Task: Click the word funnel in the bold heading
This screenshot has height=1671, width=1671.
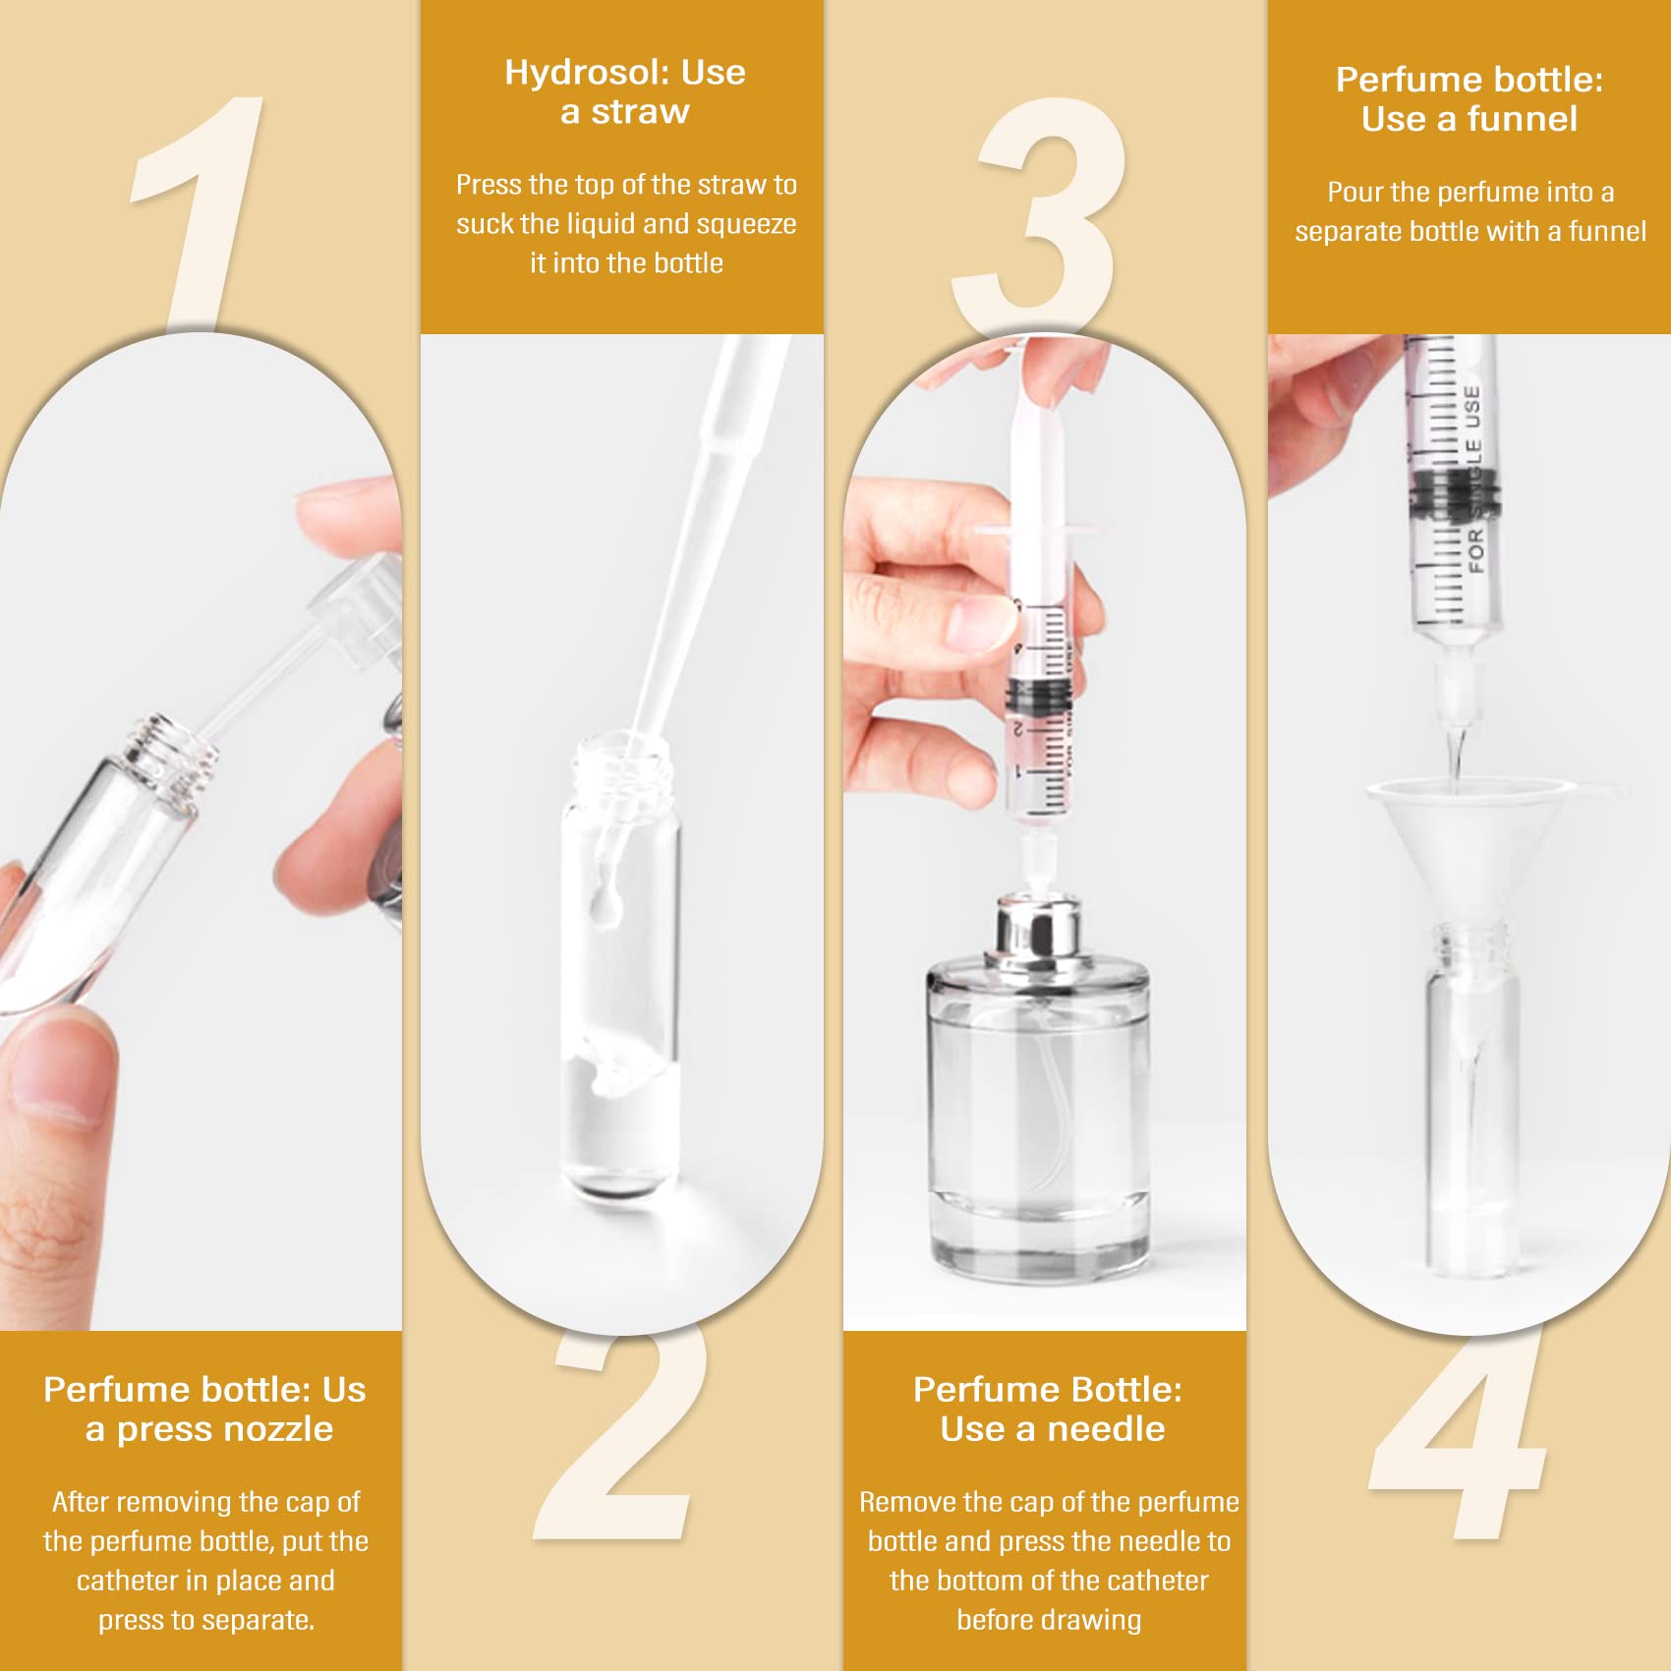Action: click(1522, 119)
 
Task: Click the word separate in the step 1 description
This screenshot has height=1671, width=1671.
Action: click(257, 1620)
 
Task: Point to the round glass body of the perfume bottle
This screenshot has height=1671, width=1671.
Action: click(1038, 1111)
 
